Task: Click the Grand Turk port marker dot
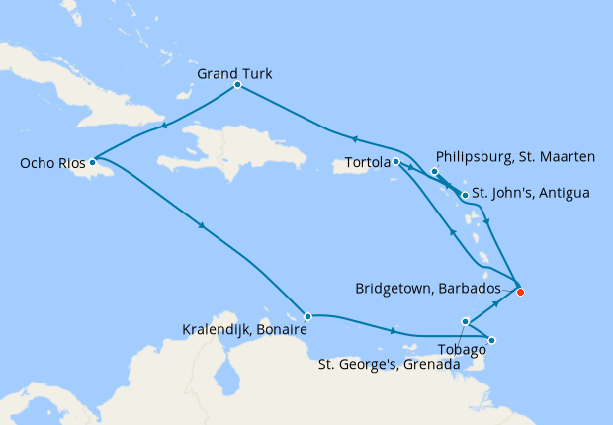238,85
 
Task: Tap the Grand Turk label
234,73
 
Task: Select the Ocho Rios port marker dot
92,162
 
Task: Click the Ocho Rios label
46,162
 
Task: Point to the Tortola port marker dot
395,161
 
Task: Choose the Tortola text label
368,162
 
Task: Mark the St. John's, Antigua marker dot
465,195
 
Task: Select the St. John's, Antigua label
530,193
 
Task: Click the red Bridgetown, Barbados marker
520,291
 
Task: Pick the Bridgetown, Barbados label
432,290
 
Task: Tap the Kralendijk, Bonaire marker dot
308,316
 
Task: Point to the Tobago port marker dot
492,341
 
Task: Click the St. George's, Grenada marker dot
466,320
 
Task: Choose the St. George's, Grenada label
389,365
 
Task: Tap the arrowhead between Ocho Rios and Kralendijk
203,226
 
